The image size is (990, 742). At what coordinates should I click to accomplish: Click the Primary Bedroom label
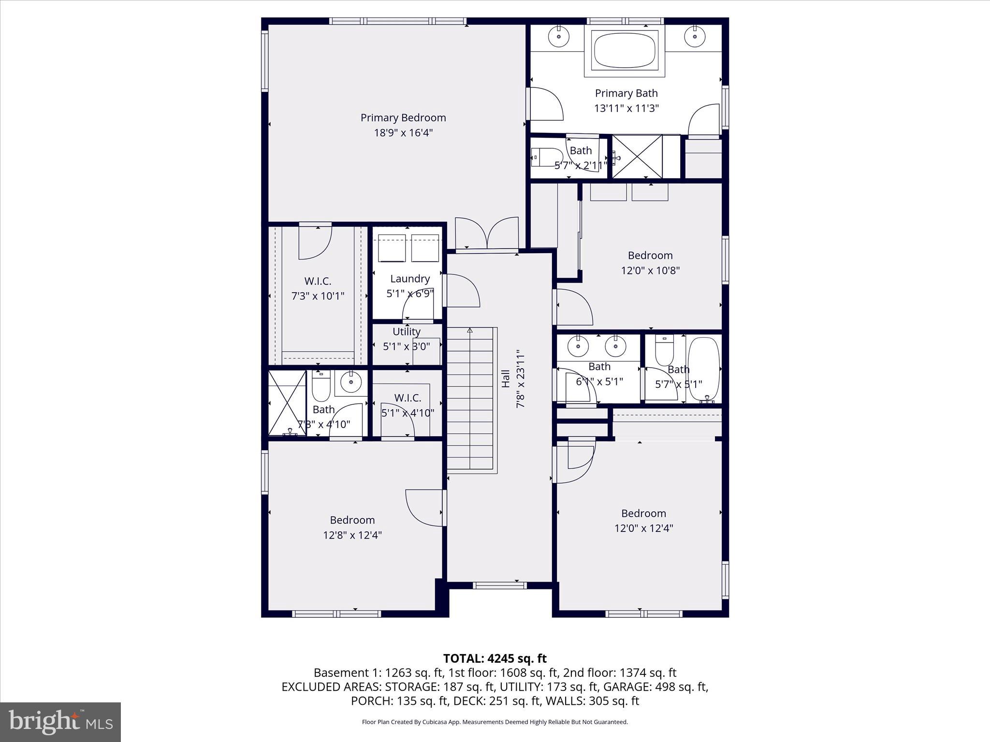click(403, 118)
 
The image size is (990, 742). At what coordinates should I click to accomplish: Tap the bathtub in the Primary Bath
click(624, 50)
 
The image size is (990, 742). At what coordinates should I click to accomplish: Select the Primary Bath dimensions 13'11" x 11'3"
click(626, 108)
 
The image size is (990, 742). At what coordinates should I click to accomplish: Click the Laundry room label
click(409, 279)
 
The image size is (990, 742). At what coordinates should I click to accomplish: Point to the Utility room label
click(406, 331)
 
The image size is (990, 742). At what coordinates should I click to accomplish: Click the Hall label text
click(506, 378)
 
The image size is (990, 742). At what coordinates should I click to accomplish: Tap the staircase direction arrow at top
click(469, 331)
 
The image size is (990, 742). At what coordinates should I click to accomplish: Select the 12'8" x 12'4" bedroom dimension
click(352, 535)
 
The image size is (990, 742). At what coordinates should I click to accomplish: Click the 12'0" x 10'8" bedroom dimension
click(650, 271)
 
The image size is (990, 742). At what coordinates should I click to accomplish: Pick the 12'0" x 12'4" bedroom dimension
click(643, 528)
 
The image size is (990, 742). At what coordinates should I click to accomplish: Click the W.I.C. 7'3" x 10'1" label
click(318, 288)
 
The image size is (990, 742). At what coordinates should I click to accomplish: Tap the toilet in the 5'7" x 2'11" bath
click(541, 157)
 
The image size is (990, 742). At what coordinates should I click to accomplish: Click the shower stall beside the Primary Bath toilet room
click(637, 157)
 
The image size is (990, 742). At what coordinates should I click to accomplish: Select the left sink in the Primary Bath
click(559, 36)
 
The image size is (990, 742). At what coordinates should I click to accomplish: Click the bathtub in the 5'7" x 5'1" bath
click(704, 369)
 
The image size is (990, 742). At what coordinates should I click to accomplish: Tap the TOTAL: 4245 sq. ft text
click(495, 658)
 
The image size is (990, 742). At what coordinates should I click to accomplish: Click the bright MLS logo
click(60, 722)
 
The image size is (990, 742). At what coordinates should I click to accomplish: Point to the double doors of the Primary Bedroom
click(487, 234)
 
